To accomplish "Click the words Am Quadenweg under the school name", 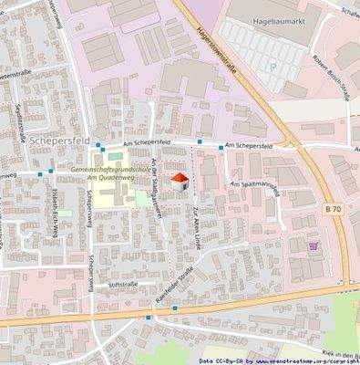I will (x=108, y=180).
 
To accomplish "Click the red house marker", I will (x=180, y=181).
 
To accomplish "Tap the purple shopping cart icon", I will (x=314, y=245).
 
